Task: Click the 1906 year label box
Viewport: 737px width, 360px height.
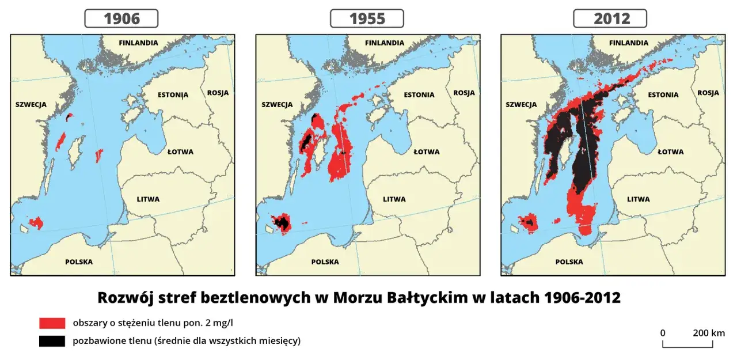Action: (x=121, y=19)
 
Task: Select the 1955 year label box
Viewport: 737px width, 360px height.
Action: (x=367, y=19)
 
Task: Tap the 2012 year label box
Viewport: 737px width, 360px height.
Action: (x=610, y=19)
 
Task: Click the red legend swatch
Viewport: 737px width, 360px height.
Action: (x=52, y=323)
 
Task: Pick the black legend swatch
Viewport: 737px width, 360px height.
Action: (x=52, y=341)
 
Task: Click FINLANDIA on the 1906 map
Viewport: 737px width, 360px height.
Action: (x=138, y=43)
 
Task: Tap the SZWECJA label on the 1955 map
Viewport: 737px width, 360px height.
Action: (x=277, y=105)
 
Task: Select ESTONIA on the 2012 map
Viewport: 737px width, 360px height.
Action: (x=663, y=95)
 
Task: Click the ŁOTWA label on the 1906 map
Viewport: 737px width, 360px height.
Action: (x=180, y=152)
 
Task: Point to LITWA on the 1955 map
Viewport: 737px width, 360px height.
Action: (x=394, y=199)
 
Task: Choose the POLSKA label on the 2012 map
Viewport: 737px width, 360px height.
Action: (x=569, y=262)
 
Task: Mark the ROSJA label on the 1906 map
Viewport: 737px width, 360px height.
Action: (x=218, y=93)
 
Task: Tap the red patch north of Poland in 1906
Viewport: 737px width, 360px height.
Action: (x=36, y=222)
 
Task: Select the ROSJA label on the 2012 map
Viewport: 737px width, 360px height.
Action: (x=708, y=93)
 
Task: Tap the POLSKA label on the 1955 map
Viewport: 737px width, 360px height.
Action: (x=325, y=262)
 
